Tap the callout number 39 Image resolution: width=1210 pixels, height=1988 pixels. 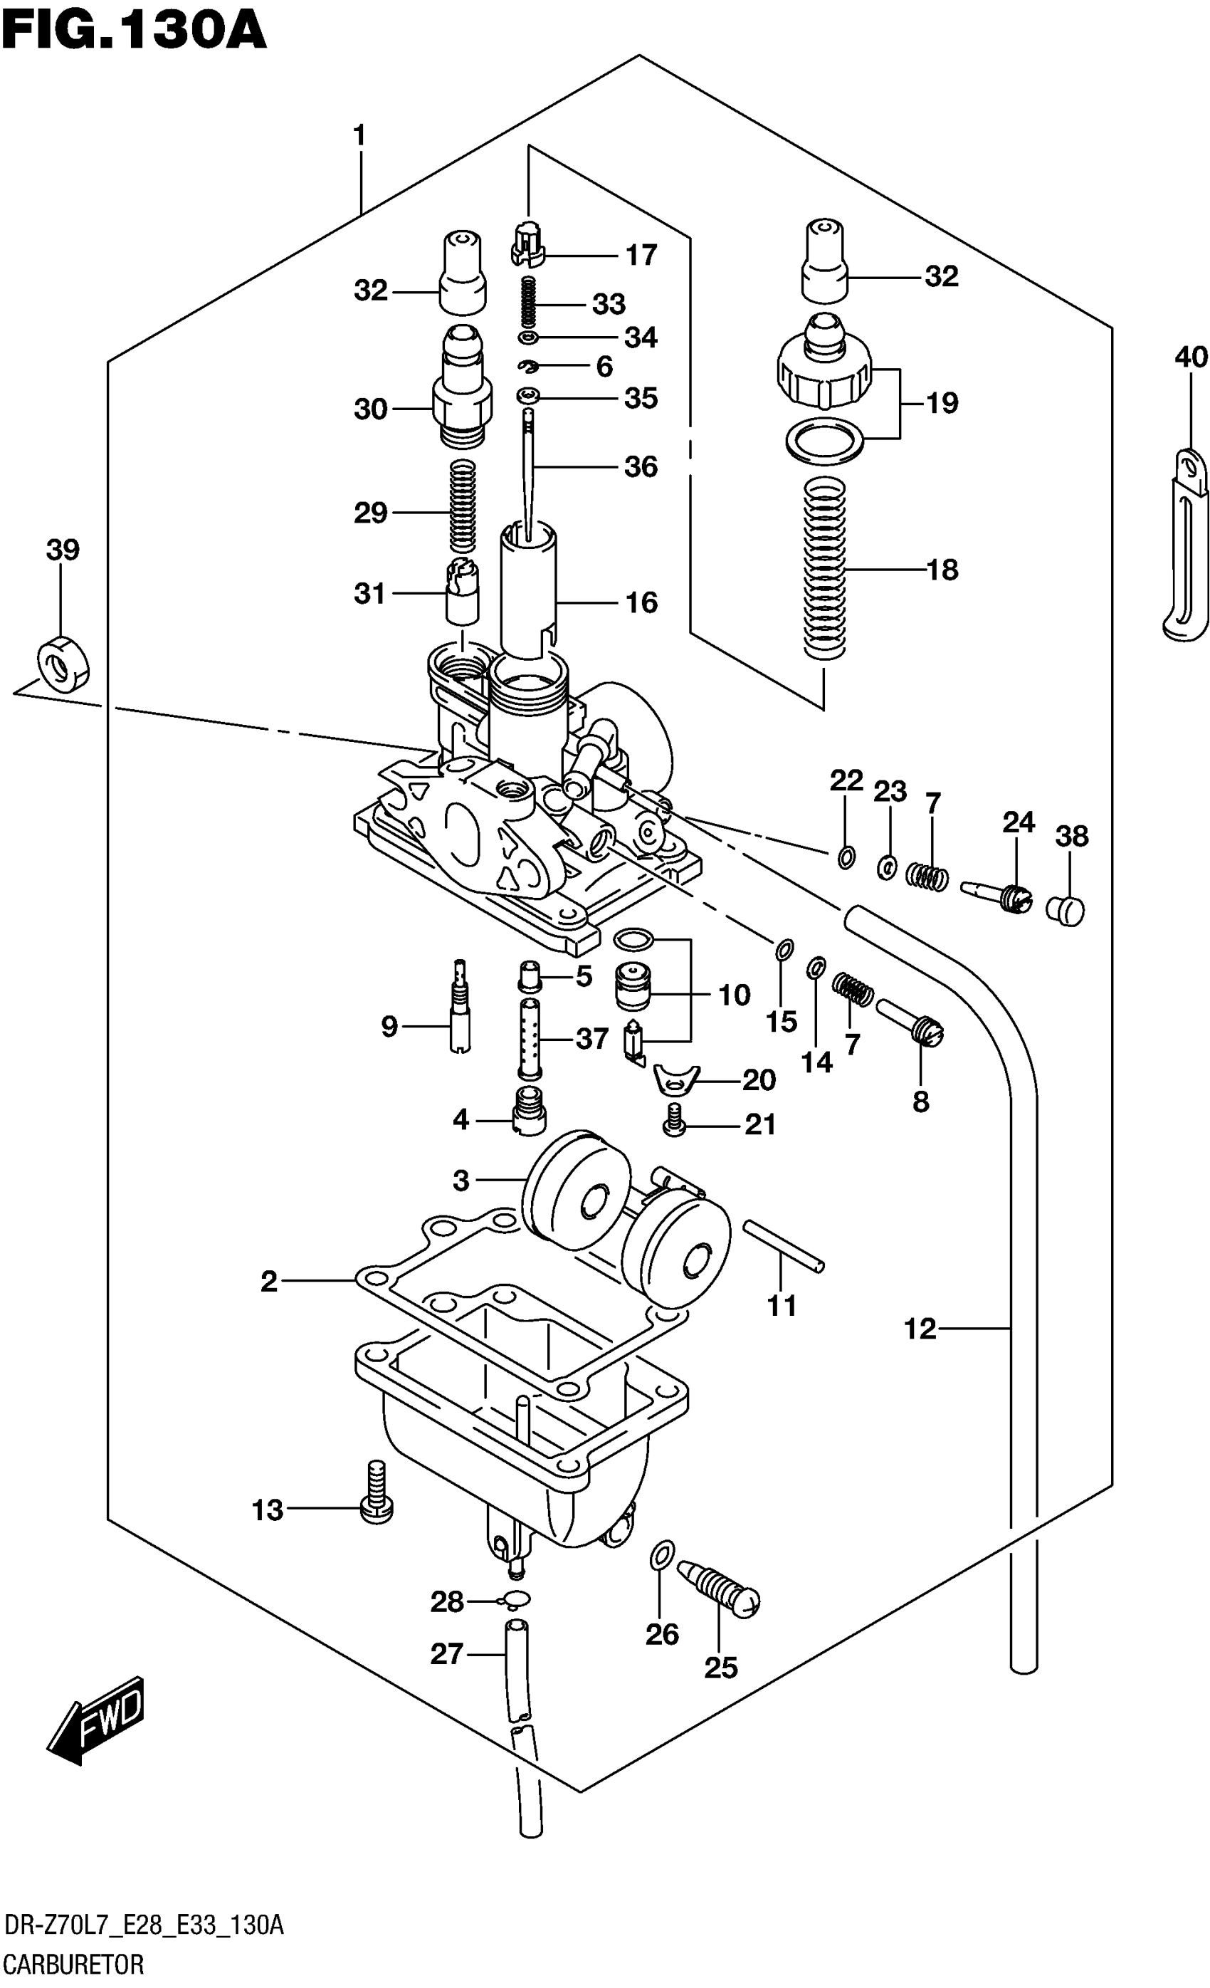pyautogui.click(x=63, y=550)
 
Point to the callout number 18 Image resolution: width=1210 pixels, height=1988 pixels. pyautogui.click(x=942, y=570)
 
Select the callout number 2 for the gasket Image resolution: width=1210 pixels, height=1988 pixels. pyautogui.click(x=268, y=1280)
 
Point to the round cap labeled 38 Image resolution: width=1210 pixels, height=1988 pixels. pyautogui.click(x=1065, y=910)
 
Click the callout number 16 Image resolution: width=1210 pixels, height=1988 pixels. pyautogui.click(x=641, y=602)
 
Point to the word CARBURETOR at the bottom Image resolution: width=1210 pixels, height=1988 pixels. pyautogui.click(x=74, y=1963)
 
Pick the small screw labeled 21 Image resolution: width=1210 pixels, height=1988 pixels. pyautogui.click(x=674, y=1119)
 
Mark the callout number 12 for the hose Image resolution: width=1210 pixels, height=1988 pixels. pyautogui.click(x=920, y=1328)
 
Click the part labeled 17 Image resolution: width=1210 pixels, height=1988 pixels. pyautogui.click(x=527, y=243)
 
